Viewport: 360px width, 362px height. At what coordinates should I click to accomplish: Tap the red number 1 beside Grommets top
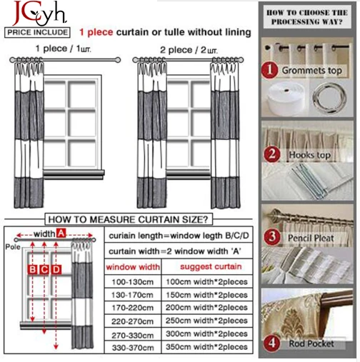[x=269, y=71]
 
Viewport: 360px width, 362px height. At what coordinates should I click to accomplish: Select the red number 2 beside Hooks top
[x=269, y=154]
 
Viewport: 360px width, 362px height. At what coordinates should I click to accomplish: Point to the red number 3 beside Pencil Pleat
[x=269, y=237]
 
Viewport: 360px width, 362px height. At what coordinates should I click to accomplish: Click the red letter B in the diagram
[x=32, y=269]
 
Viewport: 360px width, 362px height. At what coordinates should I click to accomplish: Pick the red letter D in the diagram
[x=56, y=269]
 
